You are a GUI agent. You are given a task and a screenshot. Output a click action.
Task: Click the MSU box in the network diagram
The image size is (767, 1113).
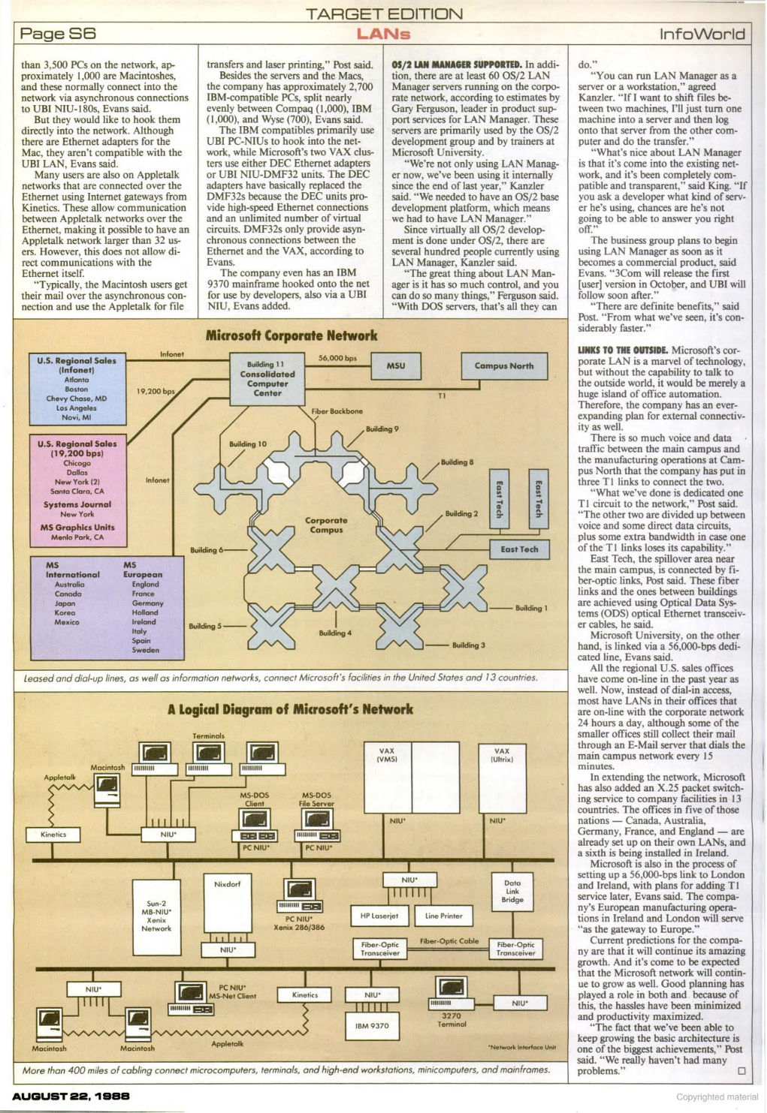pyautogui.click(x=396, y=366)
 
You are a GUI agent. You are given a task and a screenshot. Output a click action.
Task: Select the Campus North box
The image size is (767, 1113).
pyautogui.click(x=503, y=366)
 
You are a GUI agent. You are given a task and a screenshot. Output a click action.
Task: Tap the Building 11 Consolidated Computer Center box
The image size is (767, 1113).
pyautogui.click(x=267, y=379)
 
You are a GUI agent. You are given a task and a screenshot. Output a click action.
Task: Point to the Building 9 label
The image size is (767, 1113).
pyautogui.click(x=382, y=429)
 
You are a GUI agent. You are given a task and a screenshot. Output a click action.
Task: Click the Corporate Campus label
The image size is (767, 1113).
pyautogui.click(x=326, y=525)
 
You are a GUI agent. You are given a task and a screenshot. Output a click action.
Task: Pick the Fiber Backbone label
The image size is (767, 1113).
pyautogui.click(x=337, y=411)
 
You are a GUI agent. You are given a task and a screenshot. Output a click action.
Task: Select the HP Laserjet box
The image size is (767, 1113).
pyautogui.click(x=379, y=916)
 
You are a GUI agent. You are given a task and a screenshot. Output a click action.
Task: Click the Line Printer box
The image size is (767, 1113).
pyautogui.click(x=444, y=916)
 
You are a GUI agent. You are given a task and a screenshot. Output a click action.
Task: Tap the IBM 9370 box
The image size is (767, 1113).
pyautogui.click(x=372, y=1025)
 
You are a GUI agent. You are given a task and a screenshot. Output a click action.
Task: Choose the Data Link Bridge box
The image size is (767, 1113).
pyautogui.click(x=512, y=891)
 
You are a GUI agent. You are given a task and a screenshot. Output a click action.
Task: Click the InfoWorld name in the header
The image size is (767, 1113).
pyautogui.click(x=702, y=34)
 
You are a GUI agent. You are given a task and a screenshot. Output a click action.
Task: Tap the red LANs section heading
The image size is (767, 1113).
pyautogui.click(x=383, y=34)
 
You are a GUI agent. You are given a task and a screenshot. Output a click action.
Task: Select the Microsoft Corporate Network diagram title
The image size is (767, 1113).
pyautogui.click(x=291, y=335)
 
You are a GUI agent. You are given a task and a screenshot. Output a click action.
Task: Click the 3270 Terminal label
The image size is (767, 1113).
pyautogui.click(x=451, y=1020)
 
